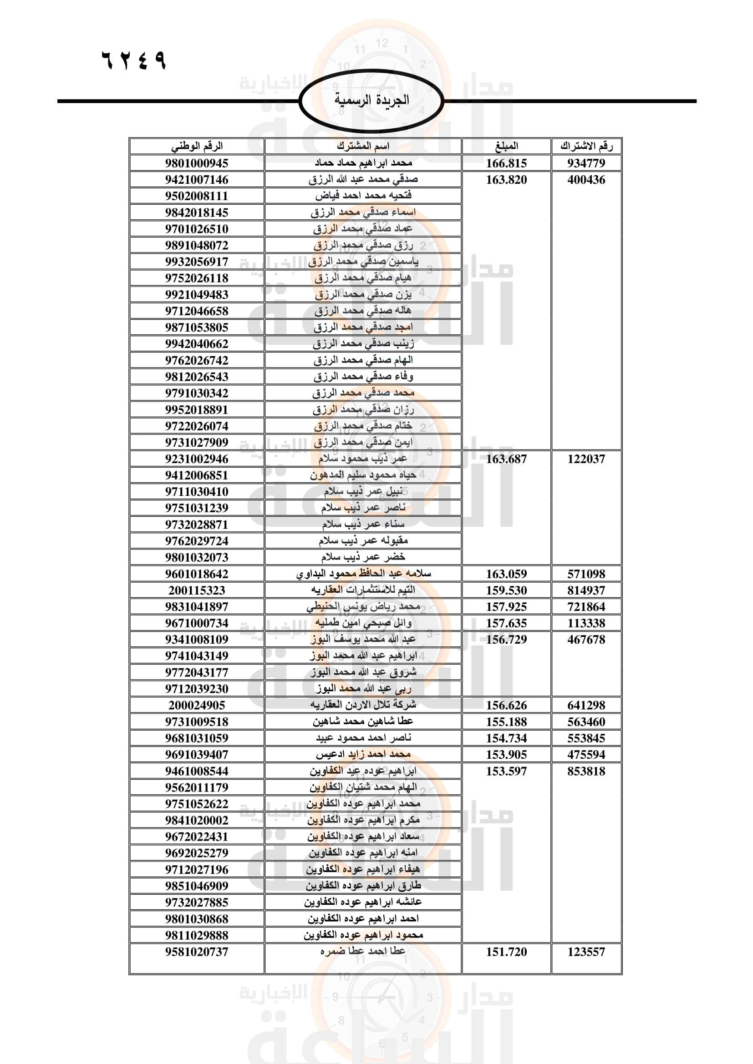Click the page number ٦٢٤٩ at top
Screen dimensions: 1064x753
click(133, 60)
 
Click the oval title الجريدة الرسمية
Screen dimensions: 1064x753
click(371, 100)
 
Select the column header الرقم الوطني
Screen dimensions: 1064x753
click(197, 146)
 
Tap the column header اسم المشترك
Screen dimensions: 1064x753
click(363, 146)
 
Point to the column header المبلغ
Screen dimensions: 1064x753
click(506, 146)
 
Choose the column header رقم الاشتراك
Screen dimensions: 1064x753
click(586, 146)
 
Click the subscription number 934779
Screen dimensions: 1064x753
click(586, 163)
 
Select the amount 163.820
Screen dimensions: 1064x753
click(506, 180)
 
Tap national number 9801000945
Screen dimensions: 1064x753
click(197, 163)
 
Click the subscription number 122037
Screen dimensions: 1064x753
click(586, 459)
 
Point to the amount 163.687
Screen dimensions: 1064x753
click(506, 459)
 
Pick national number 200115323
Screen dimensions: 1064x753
click(197, 590)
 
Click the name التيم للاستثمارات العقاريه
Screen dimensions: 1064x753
click(363, 590)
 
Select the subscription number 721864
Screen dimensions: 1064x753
click(586, 607)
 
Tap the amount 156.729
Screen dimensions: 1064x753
click(506, 640)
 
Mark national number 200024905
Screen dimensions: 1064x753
click(197, 706)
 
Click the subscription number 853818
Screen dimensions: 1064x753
click(586, 771)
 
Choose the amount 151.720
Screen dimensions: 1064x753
click(506, 952)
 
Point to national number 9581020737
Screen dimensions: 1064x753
click(197, 952)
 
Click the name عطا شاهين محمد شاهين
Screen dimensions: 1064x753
click(363, 721)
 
